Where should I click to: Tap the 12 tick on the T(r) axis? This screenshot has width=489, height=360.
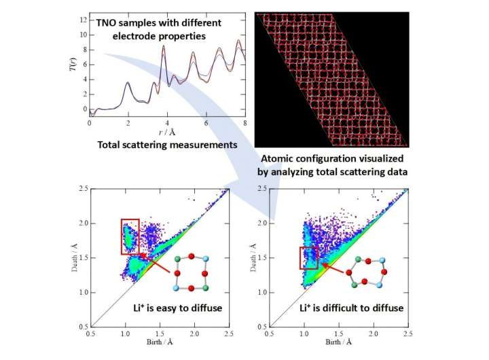[x=81, y=20]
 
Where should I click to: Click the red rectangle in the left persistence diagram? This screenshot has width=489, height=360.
[x=130, y=236]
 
